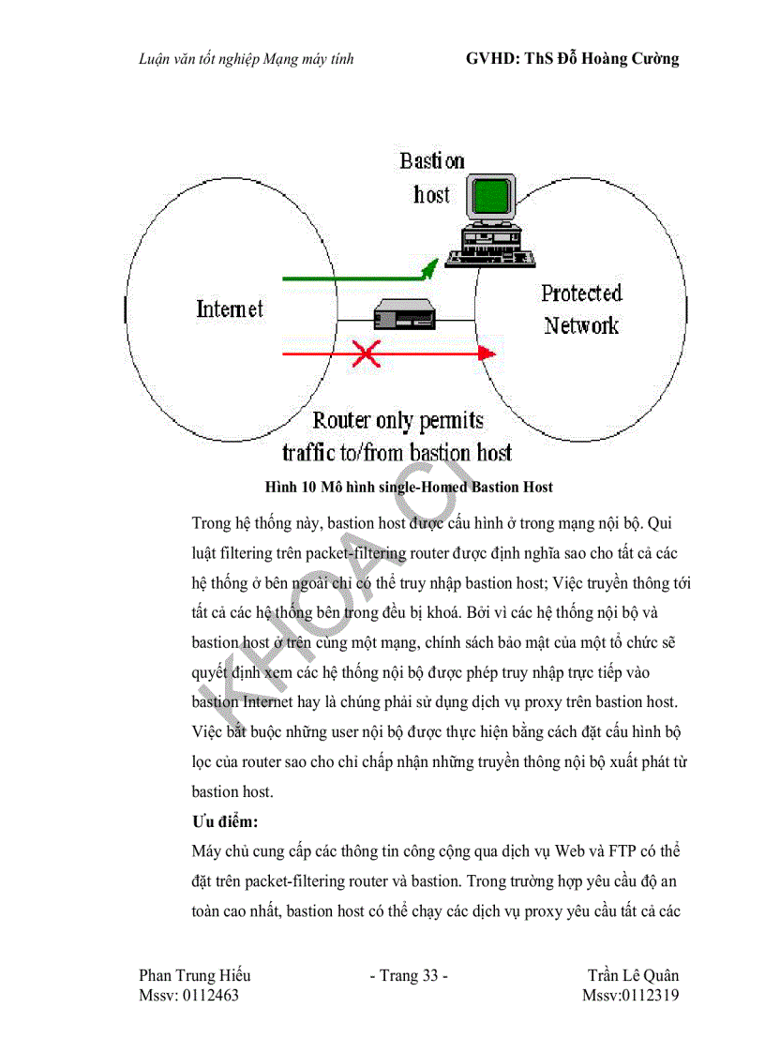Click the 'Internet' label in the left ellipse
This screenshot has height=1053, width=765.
click(230, 308)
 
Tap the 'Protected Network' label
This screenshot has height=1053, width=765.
click(581, 309)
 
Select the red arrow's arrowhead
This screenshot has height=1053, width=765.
click(486, 353)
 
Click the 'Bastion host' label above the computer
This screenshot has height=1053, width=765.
click(431, 177)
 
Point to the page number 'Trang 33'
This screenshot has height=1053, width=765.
click(410, 975)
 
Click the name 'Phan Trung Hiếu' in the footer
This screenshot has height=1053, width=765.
click(194, 975)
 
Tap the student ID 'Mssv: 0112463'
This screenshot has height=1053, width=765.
click(188, 995)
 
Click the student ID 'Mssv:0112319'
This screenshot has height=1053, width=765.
click(630, 995)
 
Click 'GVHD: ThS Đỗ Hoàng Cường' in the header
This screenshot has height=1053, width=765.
click(572, 59)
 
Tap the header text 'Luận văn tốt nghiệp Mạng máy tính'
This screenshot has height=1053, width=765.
click(245, 60)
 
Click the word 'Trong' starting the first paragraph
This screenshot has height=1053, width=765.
click(212, 522)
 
